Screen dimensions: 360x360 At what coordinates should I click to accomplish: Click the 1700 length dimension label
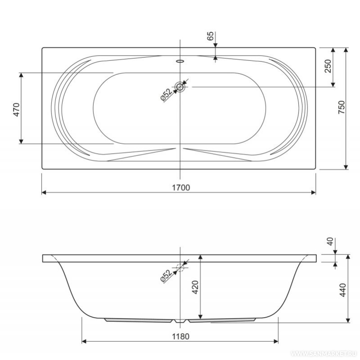click(x=181, y=187)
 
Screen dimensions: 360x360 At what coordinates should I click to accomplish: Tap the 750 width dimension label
click(x=342, y=107)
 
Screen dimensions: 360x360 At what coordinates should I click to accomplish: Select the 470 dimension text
click(x=17, y=109)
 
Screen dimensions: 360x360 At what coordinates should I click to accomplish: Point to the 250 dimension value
click(x=328, y=66)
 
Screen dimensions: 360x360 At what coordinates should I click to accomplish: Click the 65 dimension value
click(x=210, y=36)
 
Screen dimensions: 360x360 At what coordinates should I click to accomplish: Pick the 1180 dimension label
click(x=181, y=337)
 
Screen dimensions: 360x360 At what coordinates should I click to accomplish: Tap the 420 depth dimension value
click(x=195, y=287)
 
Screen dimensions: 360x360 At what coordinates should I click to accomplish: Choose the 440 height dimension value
click(x=342, y=290)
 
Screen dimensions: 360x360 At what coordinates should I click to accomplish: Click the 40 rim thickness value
click(x=330, y=242)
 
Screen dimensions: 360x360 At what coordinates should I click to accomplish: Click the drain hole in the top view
click(x=180, y=87)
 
